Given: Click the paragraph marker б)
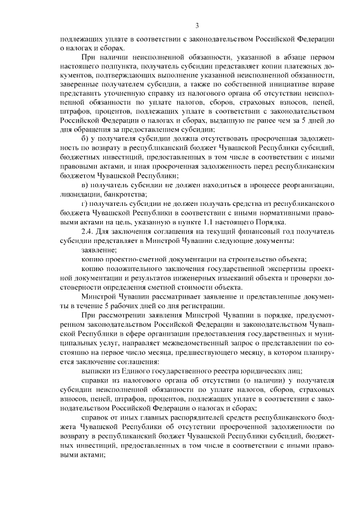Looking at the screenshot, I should [85, 138].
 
